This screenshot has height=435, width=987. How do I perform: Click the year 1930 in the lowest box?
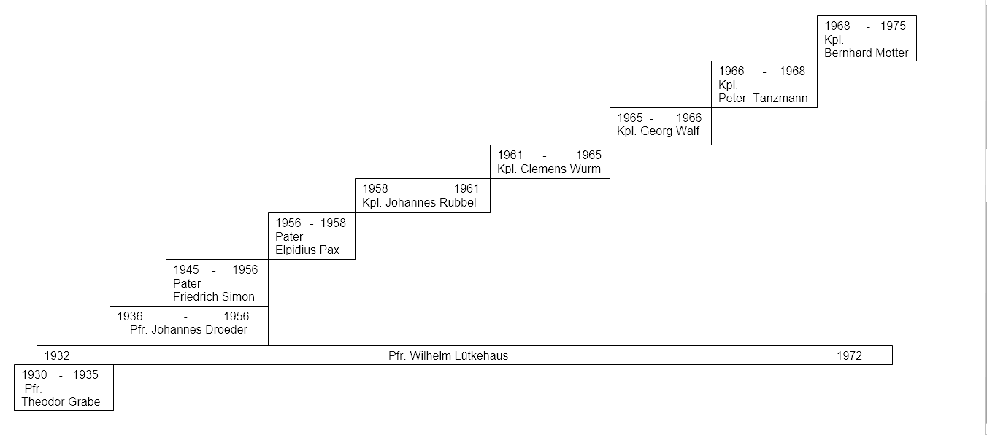pyautogui.click(x=34, y=374)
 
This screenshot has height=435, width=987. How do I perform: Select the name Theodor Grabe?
pyautogui.click(x=61, y=401)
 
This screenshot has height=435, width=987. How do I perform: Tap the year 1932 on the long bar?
pyautogui.click(x=57, y=355)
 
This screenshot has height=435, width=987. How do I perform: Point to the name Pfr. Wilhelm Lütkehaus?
pyautogui.click(x=448, y=355)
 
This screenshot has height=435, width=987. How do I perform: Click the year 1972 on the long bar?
pyautogui.click(x=849, y=355)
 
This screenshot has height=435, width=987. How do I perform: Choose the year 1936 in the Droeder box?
pyautogui.click(x=130, y=317)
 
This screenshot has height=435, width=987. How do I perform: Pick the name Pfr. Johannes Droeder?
pyautogui.click(x=188, y=330)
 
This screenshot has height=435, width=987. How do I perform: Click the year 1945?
pyautogui.click(x=186, y=270)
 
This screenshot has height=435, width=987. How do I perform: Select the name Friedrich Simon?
pyautogui.click(x=214, y=296)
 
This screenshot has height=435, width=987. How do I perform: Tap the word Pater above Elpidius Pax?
pyautogui.click(x=289, y=236)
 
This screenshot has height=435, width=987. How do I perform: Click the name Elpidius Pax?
pyautogui.click(x=307, y=250)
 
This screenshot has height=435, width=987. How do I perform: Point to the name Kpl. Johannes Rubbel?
pyautogui.click(x=419, y=202)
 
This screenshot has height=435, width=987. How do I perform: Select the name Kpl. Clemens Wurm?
pyautogui.click(x=549, y=169)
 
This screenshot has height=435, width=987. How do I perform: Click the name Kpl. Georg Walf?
pyautogui.click(x=658, y=131)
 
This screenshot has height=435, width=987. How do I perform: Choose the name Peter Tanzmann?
pyautogui.click(x=763, y=98)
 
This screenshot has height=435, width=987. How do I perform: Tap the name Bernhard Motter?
pyautogui.click(x=867, y=53)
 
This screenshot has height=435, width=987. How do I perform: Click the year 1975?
pyautogui.click(x=893, y=26)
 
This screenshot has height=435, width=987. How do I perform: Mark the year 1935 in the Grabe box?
pyautogui.click(x=85, y=374)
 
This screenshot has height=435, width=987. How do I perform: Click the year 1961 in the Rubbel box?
pyautogui.click(x=466, y=188)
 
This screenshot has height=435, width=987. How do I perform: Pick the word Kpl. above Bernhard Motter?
pyautogui.click(x=834, y=39)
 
